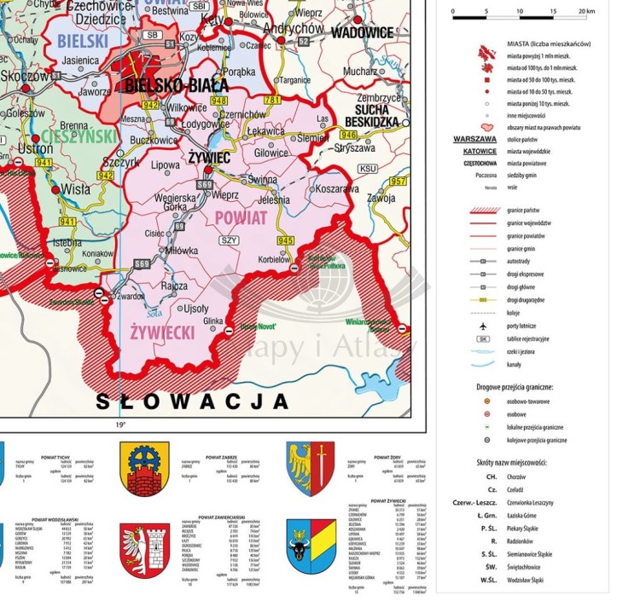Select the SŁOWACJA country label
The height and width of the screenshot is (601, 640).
(191, 400)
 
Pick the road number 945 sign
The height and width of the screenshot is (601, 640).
(285, 240)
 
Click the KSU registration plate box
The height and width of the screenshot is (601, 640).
(368, 169)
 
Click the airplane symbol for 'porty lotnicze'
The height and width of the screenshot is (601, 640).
(483, 326)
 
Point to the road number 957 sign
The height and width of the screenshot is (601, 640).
(399, 182)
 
